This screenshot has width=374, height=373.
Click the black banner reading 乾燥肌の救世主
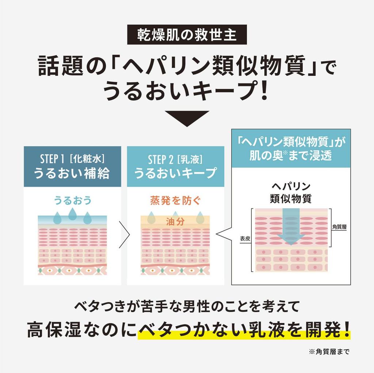point(187,35)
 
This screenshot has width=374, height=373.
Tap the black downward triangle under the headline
point(187,118)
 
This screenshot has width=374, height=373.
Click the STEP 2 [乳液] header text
point(175,159)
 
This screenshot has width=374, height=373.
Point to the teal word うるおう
point(72,200)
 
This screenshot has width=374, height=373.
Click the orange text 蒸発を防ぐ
point(175,200)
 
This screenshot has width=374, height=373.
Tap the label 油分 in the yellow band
point(175,221)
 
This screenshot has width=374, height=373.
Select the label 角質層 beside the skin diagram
point(339,226)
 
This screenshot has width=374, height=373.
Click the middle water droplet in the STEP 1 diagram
point(72,214)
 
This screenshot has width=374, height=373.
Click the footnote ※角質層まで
point(329,352)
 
